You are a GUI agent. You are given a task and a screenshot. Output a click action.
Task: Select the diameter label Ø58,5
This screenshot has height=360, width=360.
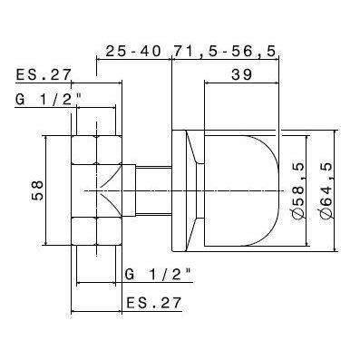[297, 187]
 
